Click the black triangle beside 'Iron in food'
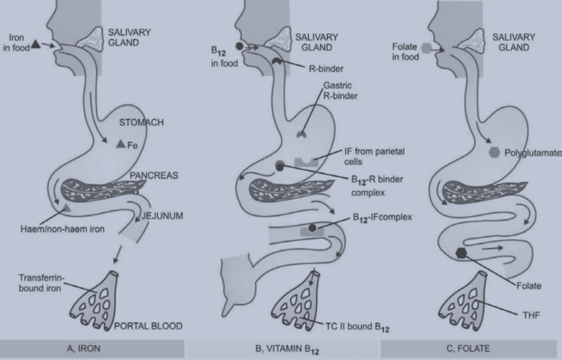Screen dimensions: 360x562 35,44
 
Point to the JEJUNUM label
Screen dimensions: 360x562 162,215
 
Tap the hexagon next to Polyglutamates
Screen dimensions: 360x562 494,152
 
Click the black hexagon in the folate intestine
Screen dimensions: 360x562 462,252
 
